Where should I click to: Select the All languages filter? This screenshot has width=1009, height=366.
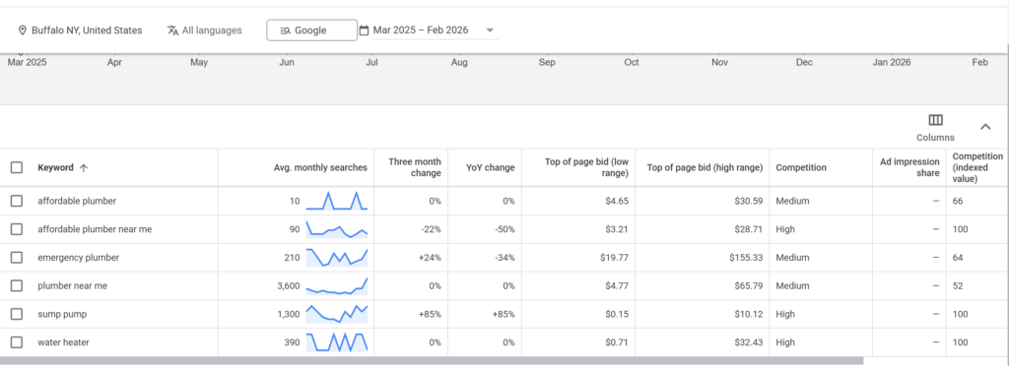click(x=204, y=30)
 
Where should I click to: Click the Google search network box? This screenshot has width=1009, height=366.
click(x=311, y=30)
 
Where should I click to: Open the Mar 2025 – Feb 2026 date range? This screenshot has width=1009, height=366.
click(x=427, y=30)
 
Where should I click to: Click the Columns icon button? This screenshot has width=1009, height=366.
click(x=935, y=121)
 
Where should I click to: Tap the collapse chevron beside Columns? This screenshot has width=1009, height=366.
click(x=985, y=126)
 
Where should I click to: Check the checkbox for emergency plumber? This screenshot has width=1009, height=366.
click(x=16, y=258)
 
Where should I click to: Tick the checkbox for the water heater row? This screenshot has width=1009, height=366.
click(x=16, y=342)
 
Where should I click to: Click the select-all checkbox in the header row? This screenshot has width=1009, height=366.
click(x=16, y=167)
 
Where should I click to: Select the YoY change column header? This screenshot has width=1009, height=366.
click(x=490, y=167)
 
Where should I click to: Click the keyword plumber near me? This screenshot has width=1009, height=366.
click(x=72, y=286)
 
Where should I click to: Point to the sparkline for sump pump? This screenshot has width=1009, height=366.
click(x=337, y=314)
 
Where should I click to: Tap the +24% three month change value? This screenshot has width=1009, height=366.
click(x=429, y=258)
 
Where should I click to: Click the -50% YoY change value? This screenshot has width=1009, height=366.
click(x=502, y=229)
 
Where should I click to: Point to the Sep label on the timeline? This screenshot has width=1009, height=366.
click(x=547, y=62)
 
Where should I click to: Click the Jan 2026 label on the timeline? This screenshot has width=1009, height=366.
click(x=892, y=62)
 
